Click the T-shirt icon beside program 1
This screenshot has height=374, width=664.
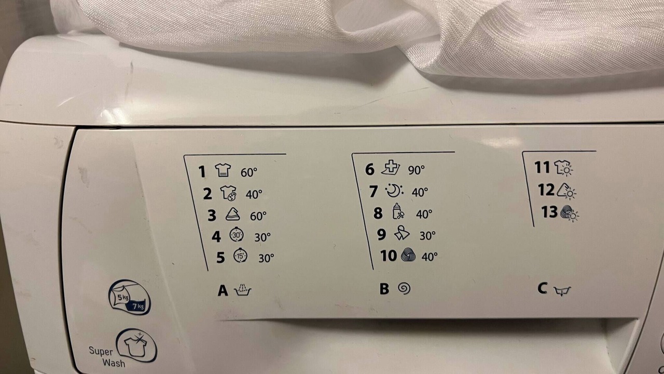pos(223,170)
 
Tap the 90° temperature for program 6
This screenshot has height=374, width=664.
pos(416,170)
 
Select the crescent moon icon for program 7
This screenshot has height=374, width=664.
pos(395,191)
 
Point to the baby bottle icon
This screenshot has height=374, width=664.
pos(398,211)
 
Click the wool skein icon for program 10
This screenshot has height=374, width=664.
pos(408,255)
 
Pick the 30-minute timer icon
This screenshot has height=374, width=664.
pos(237,235)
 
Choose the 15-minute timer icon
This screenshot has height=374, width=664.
pos(240,255)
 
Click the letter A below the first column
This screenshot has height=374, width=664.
pos(223,290)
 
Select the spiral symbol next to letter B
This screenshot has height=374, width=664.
pos(404,288)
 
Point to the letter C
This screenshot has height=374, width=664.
pos(542,288)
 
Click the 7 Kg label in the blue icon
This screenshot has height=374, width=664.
pos(138,306)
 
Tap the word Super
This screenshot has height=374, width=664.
pos(101,351)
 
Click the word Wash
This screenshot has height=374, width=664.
pos(114,363)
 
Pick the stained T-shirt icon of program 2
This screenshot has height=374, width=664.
pos(228,193)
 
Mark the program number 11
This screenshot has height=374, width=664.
pos(542,167)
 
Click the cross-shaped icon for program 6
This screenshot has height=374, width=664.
pos(391,168)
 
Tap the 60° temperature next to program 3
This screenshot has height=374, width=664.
pos(258,216)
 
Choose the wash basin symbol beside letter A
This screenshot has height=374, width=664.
pos(242,290)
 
